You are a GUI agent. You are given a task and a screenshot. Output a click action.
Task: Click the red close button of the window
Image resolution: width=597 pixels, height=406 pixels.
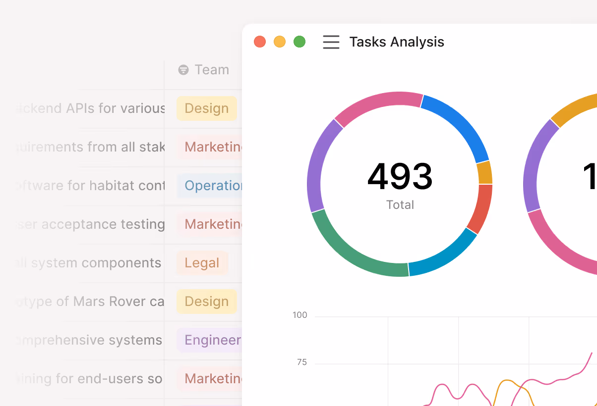[260, 42]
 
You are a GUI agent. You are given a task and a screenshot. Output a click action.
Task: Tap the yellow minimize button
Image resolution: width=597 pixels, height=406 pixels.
[280, 42]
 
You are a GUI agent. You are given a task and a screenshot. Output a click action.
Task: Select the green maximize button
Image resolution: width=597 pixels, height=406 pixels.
[299, 42]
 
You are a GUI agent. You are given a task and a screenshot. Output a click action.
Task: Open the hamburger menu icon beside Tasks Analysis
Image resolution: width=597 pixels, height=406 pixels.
[331, 42]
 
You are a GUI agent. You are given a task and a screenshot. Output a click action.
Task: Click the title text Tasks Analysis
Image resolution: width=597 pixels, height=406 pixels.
[397, 42]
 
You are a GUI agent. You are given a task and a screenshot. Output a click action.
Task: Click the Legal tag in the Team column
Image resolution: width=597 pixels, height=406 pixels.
[202, 263]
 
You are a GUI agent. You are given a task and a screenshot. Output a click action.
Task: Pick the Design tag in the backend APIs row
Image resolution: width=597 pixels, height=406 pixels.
[206, 108]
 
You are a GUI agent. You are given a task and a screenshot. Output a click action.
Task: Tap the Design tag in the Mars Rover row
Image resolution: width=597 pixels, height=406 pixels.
[206, 302]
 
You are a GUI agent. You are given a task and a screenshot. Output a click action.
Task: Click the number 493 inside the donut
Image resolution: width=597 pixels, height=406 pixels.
[400, 177]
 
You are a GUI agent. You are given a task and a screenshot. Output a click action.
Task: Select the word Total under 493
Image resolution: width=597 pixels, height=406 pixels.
[400, 204]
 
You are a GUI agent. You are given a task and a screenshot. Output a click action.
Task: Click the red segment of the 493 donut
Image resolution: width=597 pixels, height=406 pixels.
[480, 208]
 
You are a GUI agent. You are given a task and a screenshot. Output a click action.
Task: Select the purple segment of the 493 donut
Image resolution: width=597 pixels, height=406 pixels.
[317, 163]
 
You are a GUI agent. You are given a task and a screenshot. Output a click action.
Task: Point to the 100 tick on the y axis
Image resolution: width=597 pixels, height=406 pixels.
[299, 315]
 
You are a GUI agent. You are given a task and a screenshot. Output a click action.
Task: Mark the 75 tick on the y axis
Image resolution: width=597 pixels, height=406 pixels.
[301, 362]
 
